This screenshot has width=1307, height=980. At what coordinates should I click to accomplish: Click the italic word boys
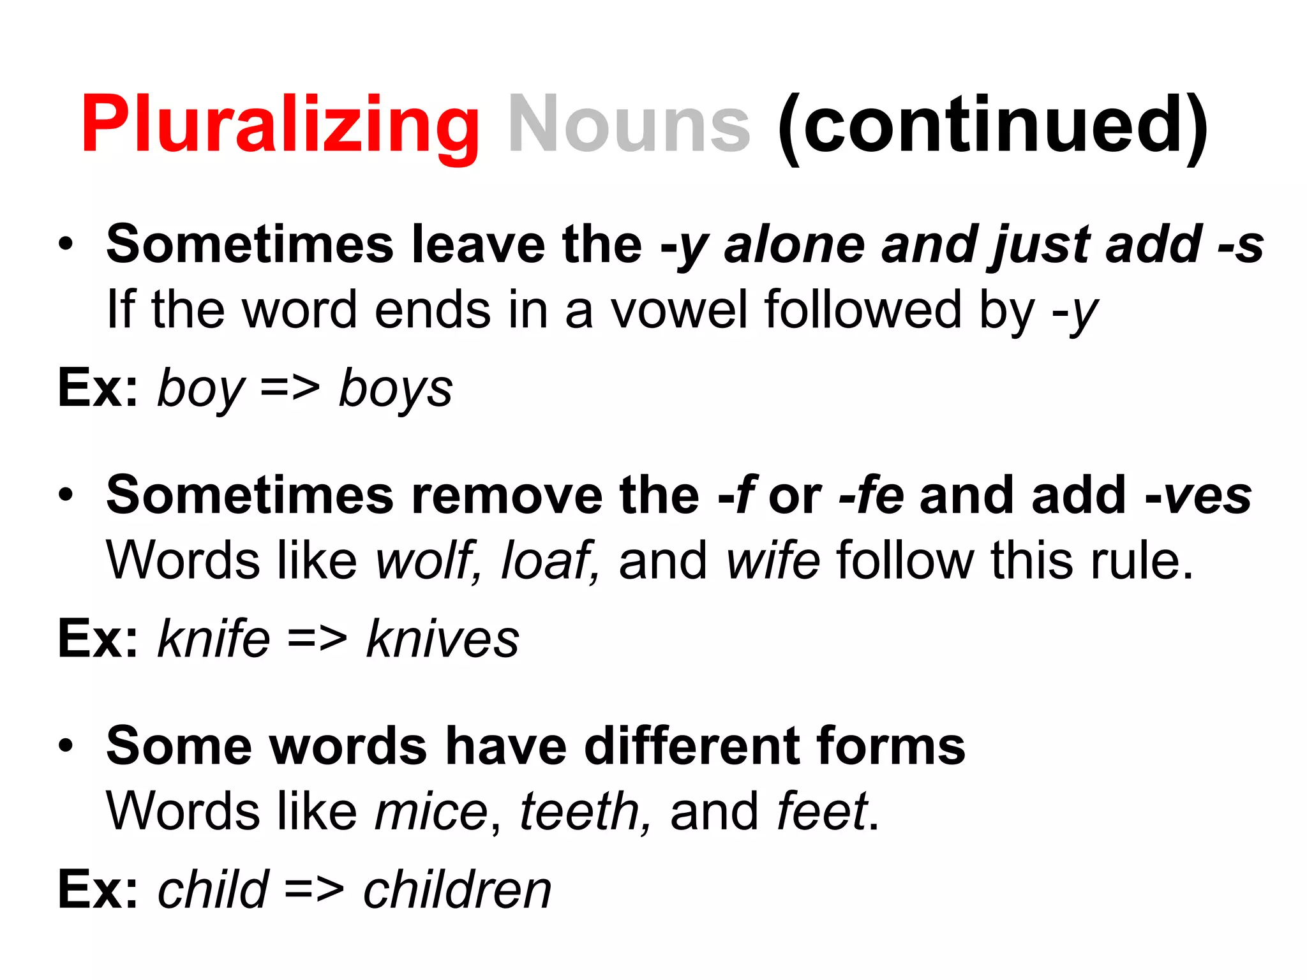[395, 389]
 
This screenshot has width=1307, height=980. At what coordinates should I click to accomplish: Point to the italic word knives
[442, 639]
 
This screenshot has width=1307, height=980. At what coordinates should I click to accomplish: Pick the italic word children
[457, 889]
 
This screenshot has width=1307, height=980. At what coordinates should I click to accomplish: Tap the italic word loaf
[548, 561]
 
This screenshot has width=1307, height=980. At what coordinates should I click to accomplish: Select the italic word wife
[773, 561]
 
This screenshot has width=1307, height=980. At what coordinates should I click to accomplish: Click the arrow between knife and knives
[317, 639]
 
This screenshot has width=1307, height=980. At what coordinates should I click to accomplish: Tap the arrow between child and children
[314, 889]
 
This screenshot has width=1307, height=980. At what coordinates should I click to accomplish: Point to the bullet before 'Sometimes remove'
[66, 494]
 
